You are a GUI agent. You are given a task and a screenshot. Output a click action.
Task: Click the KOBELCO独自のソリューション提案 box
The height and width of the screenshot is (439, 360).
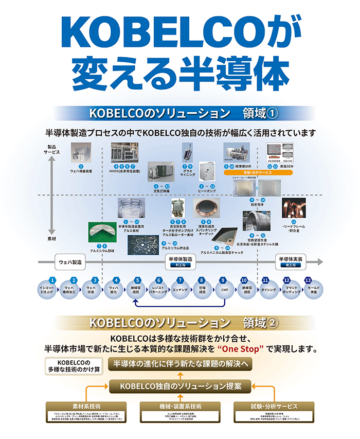point(181,385)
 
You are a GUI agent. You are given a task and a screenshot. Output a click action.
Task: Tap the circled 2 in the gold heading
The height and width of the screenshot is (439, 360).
point(273,323)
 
